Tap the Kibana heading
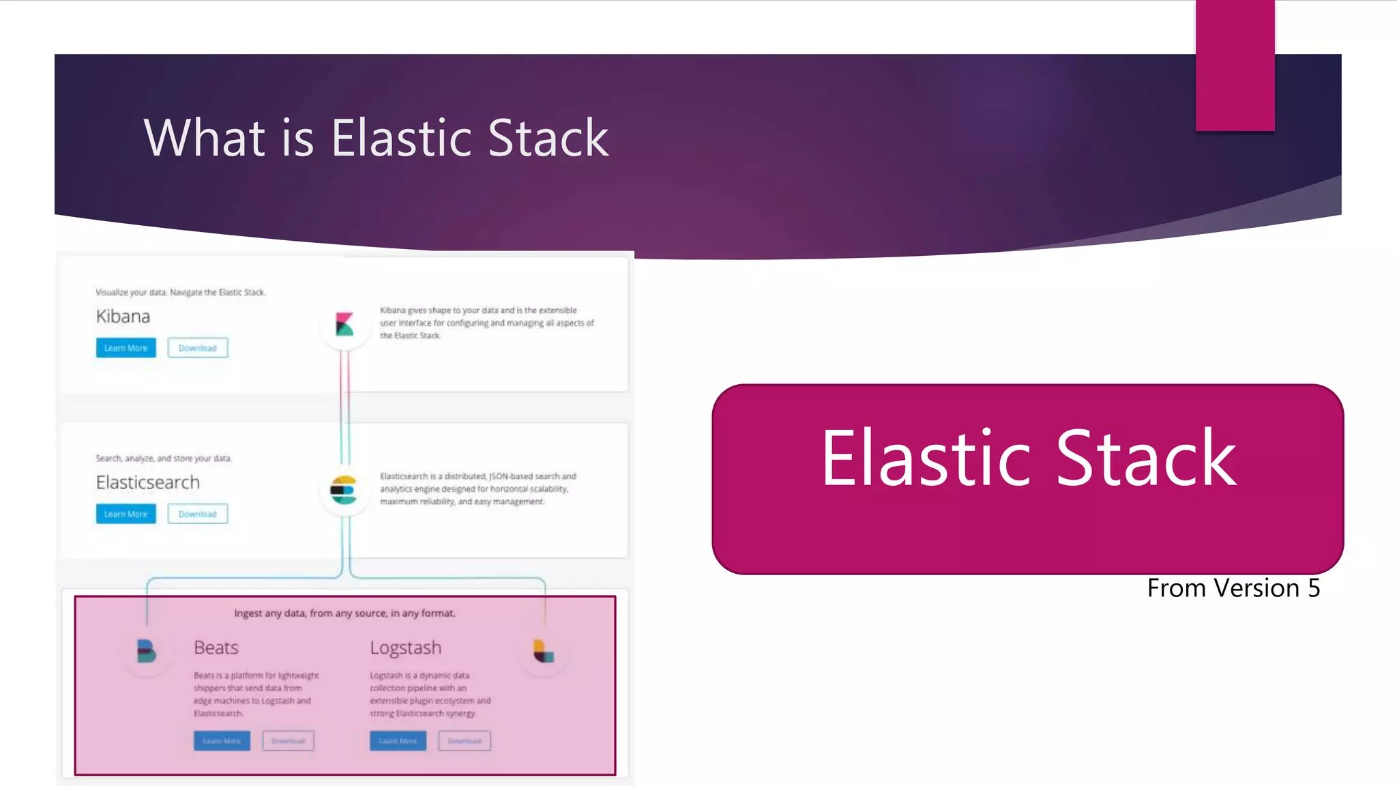[123, 317]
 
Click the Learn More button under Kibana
[126, 348]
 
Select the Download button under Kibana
[198, 348]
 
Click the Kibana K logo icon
[344, 324]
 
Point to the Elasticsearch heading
[148, 482]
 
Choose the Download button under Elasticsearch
[198, 514]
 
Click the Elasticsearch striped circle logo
[344, 490]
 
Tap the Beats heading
[216, 647]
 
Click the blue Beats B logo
[146, 652]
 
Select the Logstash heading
[406, 647]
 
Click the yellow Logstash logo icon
[544, 652]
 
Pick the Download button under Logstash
[465, 741]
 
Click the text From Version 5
[1233, 588]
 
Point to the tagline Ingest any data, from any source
[344, 613]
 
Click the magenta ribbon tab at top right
[1235, 65]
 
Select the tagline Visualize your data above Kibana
[181, 292]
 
